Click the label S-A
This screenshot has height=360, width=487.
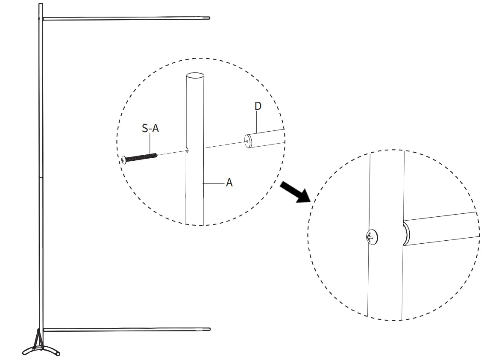150,128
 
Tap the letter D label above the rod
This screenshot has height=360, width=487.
258,106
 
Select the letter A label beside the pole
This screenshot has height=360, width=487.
229,183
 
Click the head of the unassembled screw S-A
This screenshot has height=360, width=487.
124,159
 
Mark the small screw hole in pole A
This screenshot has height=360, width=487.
188,150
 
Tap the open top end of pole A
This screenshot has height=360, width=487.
195,76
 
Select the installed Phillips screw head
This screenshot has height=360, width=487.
372,236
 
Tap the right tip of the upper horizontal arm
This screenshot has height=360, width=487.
208,18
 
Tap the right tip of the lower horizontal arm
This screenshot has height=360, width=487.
209,329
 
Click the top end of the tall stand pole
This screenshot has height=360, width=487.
41,5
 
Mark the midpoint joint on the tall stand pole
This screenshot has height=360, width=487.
41,177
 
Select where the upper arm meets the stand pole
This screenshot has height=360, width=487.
41,19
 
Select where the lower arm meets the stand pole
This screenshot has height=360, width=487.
41,330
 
